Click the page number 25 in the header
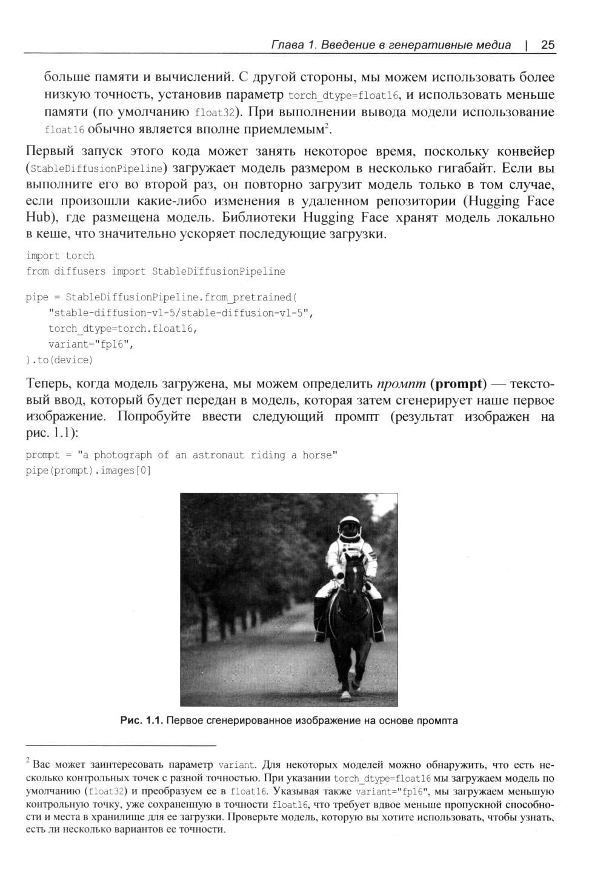click(x=548, y=45)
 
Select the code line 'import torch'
click(x=60, y=256)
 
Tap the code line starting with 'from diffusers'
click(x=155, y=271)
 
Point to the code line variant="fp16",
click(x=91, y=344)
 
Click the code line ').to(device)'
click(x=59, y=360)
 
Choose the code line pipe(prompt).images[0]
click(x=88, y=471)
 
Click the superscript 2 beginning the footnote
click(x=28, y=759)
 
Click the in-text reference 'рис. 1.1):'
click(x=53, y=434)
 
